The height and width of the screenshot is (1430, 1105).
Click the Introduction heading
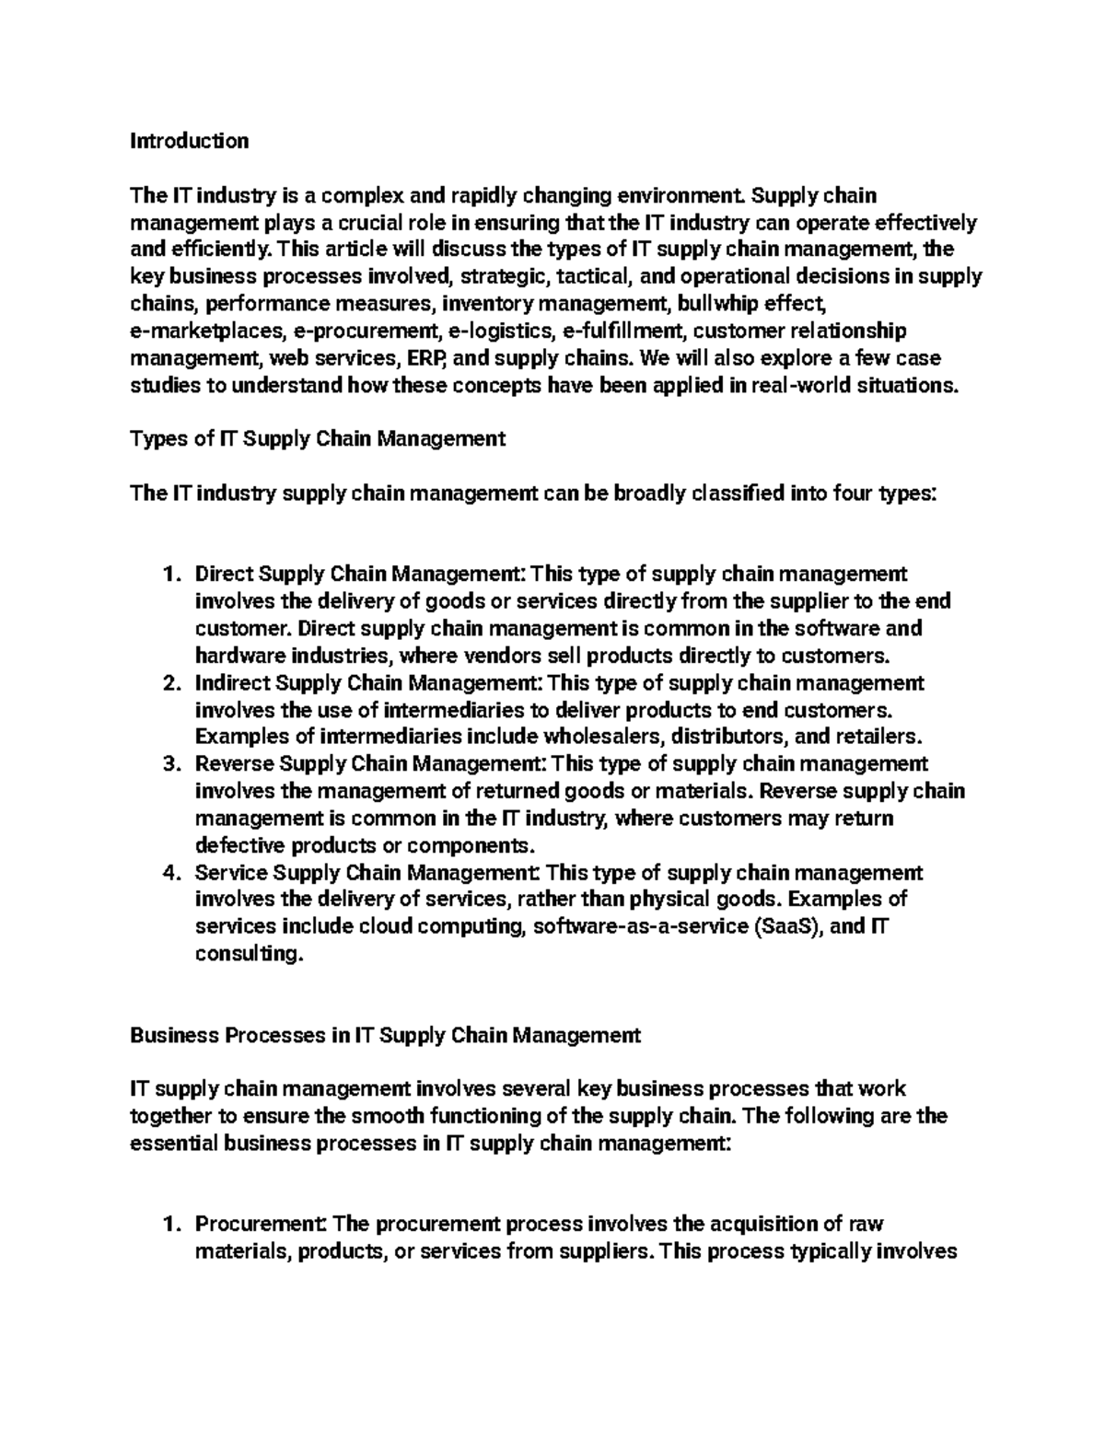(x=189, y=141)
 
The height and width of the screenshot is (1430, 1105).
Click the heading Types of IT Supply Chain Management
(x=318, y=439)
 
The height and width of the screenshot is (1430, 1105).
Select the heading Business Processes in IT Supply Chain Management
(x=385, y=1035)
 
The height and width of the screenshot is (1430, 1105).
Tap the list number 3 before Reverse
(x=169, y=764)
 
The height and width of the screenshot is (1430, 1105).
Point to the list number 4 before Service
(x=169, y=873)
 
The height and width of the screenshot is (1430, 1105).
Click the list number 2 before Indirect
(x=169, y=683)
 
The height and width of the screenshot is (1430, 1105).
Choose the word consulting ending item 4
(x=248, y=955)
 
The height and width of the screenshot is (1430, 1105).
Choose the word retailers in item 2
(x=877, y=738)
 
